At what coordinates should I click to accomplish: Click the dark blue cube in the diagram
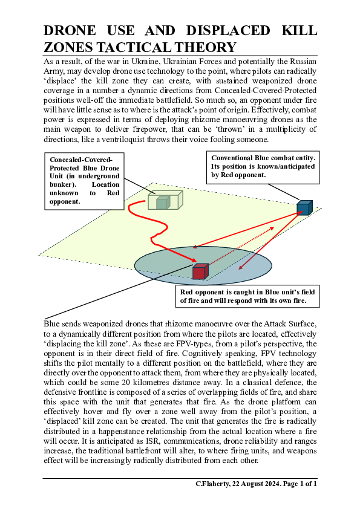pos(304,208)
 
